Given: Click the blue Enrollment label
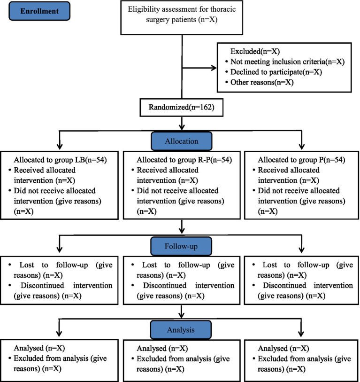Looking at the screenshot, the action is [39, 11].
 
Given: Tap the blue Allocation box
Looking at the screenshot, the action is [182, 141].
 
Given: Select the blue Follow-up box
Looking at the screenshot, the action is [181, 246].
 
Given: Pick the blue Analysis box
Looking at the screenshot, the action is [181, 330].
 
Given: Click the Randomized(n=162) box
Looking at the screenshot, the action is [182, 108].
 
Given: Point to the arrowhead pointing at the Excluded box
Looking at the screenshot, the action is [214, 68].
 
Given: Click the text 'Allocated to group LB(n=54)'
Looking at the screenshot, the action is [61, 160].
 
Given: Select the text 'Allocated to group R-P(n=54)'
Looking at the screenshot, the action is [184, 160].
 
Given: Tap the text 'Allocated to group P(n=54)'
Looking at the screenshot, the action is [302, 160].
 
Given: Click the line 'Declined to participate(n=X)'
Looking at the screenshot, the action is [276, 72].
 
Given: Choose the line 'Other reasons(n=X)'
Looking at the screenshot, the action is [262, 82].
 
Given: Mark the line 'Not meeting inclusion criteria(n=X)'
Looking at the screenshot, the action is [287, 62].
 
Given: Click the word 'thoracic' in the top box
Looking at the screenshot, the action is [223, 9].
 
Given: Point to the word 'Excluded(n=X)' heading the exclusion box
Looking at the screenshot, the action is [255, 51].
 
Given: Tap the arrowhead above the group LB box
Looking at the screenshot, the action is [60, 147].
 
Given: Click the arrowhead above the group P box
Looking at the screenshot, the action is [302, 147].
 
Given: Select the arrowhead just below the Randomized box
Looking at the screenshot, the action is [182, 127].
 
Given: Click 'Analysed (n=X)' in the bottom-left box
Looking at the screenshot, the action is [39, 348].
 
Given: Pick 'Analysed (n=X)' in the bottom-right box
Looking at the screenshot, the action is [283, 349].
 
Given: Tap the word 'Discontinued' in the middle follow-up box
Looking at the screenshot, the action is [165, 285].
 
